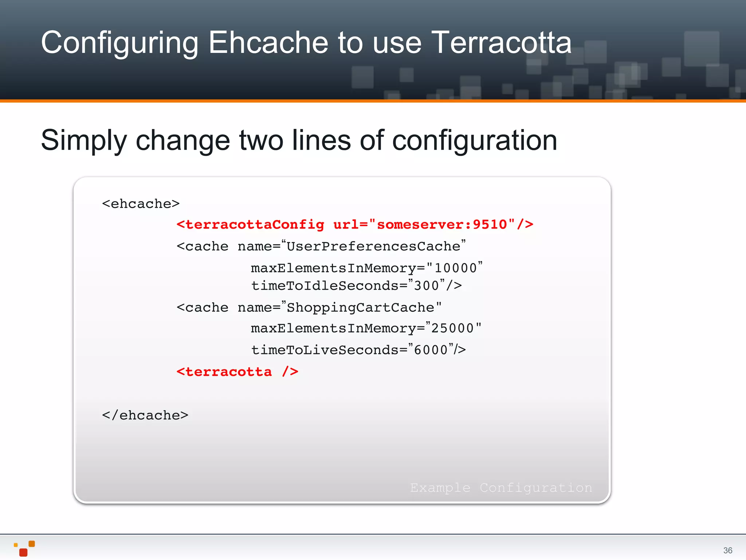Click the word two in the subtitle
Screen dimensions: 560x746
(x=261, y=140)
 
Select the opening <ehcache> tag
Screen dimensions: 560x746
(x=141, y=204)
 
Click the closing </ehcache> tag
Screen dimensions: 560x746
(x=145, y=415)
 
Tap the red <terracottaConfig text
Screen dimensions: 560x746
(x=250, y=225)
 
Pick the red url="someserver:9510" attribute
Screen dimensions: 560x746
(x=424, y=225)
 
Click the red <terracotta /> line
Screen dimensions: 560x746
(x=237, y=372)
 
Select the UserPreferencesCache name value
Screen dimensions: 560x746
(x=373, y=246)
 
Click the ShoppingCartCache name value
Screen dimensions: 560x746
(x=361, y=308)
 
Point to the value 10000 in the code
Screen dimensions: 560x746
(x=455, y=268)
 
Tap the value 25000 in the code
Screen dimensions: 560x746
(x=452, y=328)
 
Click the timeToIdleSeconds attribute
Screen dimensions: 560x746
(x=324, y=285)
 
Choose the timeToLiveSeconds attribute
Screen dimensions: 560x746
(x=324, y=350)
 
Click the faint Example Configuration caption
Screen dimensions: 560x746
(x=501, y=488)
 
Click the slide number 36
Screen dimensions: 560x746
(x=727, y=551)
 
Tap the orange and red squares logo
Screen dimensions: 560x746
(x=24, y=548)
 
